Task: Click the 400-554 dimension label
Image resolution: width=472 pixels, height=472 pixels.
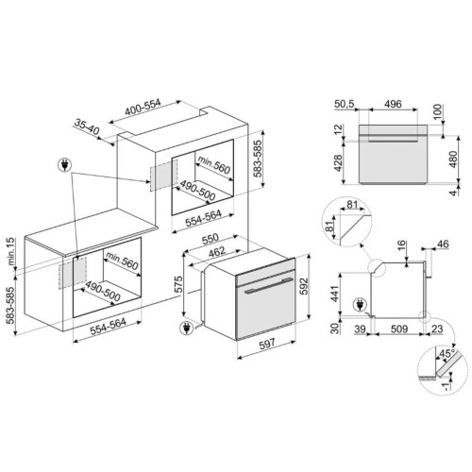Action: point(143,108)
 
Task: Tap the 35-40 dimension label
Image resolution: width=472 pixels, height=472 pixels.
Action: point(87,126)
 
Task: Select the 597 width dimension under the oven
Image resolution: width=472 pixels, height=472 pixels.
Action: point(267,344)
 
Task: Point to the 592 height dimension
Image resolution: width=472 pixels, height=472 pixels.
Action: point(303,286)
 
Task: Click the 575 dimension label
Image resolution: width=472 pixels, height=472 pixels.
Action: point(178,284)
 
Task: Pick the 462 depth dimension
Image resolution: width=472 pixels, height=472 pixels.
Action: point(217,251)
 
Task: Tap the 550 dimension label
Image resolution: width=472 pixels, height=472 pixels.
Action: point(210,239)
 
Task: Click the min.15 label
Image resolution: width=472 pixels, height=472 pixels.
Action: point(10,251)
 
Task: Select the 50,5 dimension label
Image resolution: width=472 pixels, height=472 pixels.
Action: point(344,104)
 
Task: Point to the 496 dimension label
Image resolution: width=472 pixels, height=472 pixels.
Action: point(393,104)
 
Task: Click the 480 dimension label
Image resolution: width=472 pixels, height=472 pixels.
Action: point(453,160)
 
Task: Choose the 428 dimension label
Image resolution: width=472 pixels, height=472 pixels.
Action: point(338,163)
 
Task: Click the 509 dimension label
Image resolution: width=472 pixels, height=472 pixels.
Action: point(399,329)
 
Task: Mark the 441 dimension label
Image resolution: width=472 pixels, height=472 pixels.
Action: point(335,294)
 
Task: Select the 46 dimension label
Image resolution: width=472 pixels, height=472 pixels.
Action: point(443,244)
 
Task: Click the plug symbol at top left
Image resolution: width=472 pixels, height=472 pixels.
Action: point(65,165)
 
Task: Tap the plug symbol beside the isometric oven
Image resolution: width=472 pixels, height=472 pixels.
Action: point(186,328)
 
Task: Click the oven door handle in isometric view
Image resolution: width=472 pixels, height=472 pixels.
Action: point(268,286)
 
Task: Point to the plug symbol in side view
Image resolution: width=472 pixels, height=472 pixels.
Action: point(360,305)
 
